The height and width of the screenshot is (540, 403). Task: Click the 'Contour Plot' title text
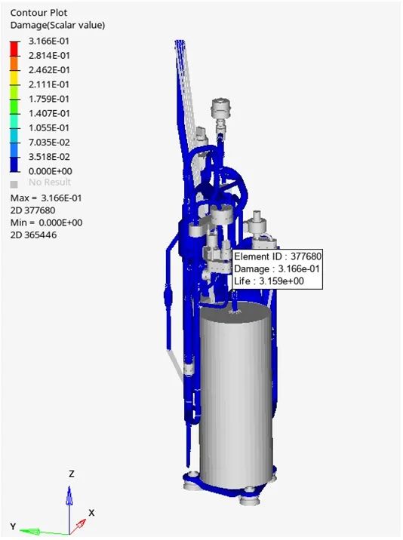pyautogui.click(x=38, y=13)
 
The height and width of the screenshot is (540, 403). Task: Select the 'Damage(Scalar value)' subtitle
pyautogui.click(x=57, y=25)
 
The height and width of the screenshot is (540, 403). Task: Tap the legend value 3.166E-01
pyautogui.click(x=49, y=41)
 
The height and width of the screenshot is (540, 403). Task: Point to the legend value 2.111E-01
pyautogui.click(x=49, y=84)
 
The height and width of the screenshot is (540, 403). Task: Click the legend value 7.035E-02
pyautogui.click(x=49, y=143)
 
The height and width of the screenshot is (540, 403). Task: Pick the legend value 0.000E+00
pyautogui.click(x=51, y=171)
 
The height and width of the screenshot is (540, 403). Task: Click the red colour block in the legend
pyautogui.click(x=14, y=48)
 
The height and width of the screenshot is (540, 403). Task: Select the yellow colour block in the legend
pyautogui.click(x=14, y=77)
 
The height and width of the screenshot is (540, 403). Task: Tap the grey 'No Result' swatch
pyautogui.click(x=14, y=185)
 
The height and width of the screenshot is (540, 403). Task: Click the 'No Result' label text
pyautogui.click(x=50, y=183)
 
